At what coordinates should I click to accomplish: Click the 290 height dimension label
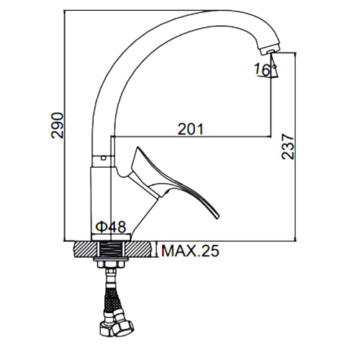[58, 125]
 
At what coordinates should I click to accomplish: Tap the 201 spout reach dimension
[190, 129]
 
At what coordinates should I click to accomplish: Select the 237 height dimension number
[287, 147]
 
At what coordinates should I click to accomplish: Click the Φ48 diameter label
[111, 227]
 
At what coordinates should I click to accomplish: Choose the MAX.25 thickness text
[190, 251]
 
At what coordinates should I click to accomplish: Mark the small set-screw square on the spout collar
[104, 158]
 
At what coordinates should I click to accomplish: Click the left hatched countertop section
[85, 249]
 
